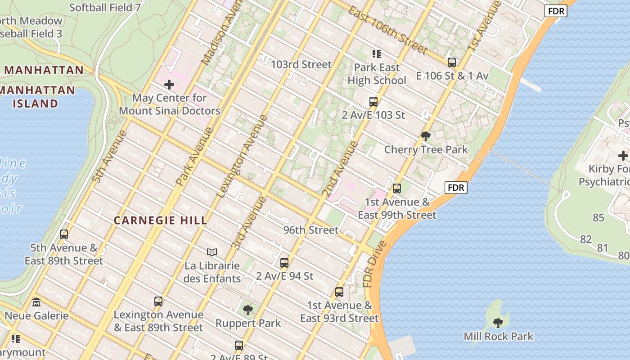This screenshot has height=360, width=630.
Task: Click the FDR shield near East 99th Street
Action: [455, 188]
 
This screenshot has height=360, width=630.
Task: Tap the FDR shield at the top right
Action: [556, 11]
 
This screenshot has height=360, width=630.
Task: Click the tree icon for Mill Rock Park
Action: [498, 323]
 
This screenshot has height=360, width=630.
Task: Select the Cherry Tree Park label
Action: [426, 149]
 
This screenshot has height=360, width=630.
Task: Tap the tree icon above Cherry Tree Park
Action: [425, 136]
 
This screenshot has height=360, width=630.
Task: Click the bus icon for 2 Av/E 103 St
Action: [373, 102]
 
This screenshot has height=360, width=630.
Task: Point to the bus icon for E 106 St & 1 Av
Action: [451, 63]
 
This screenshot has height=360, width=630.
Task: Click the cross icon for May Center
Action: [169, 84]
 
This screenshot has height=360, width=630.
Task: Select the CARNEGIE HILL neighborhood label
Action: [161, 220]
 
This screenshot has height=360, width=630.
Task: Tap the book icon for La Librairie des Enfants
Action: [212, 252]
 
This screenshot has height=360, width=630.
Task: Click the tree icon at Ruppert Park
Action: [247, 310]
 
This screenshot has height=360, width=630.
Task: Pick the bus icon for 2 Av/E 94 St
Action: [284, 262]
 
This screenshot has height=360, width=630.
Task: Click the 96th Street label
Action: [310, 230]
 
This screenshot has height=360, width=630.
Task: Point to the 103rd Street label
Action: [301, 64]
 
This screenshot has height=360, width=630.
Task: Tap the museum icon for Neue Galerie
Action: [36, 302]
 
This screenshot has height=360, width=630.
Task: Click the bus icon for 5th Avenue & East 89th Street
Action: [64, 234]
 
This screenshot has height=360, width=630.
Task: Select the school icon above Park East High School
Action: [377, 54]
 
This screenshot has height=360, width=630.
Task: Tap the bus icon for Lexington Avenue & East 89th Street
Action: [158, 301]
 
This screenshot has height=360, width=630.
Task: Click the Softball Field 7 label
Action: [105, 7]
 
